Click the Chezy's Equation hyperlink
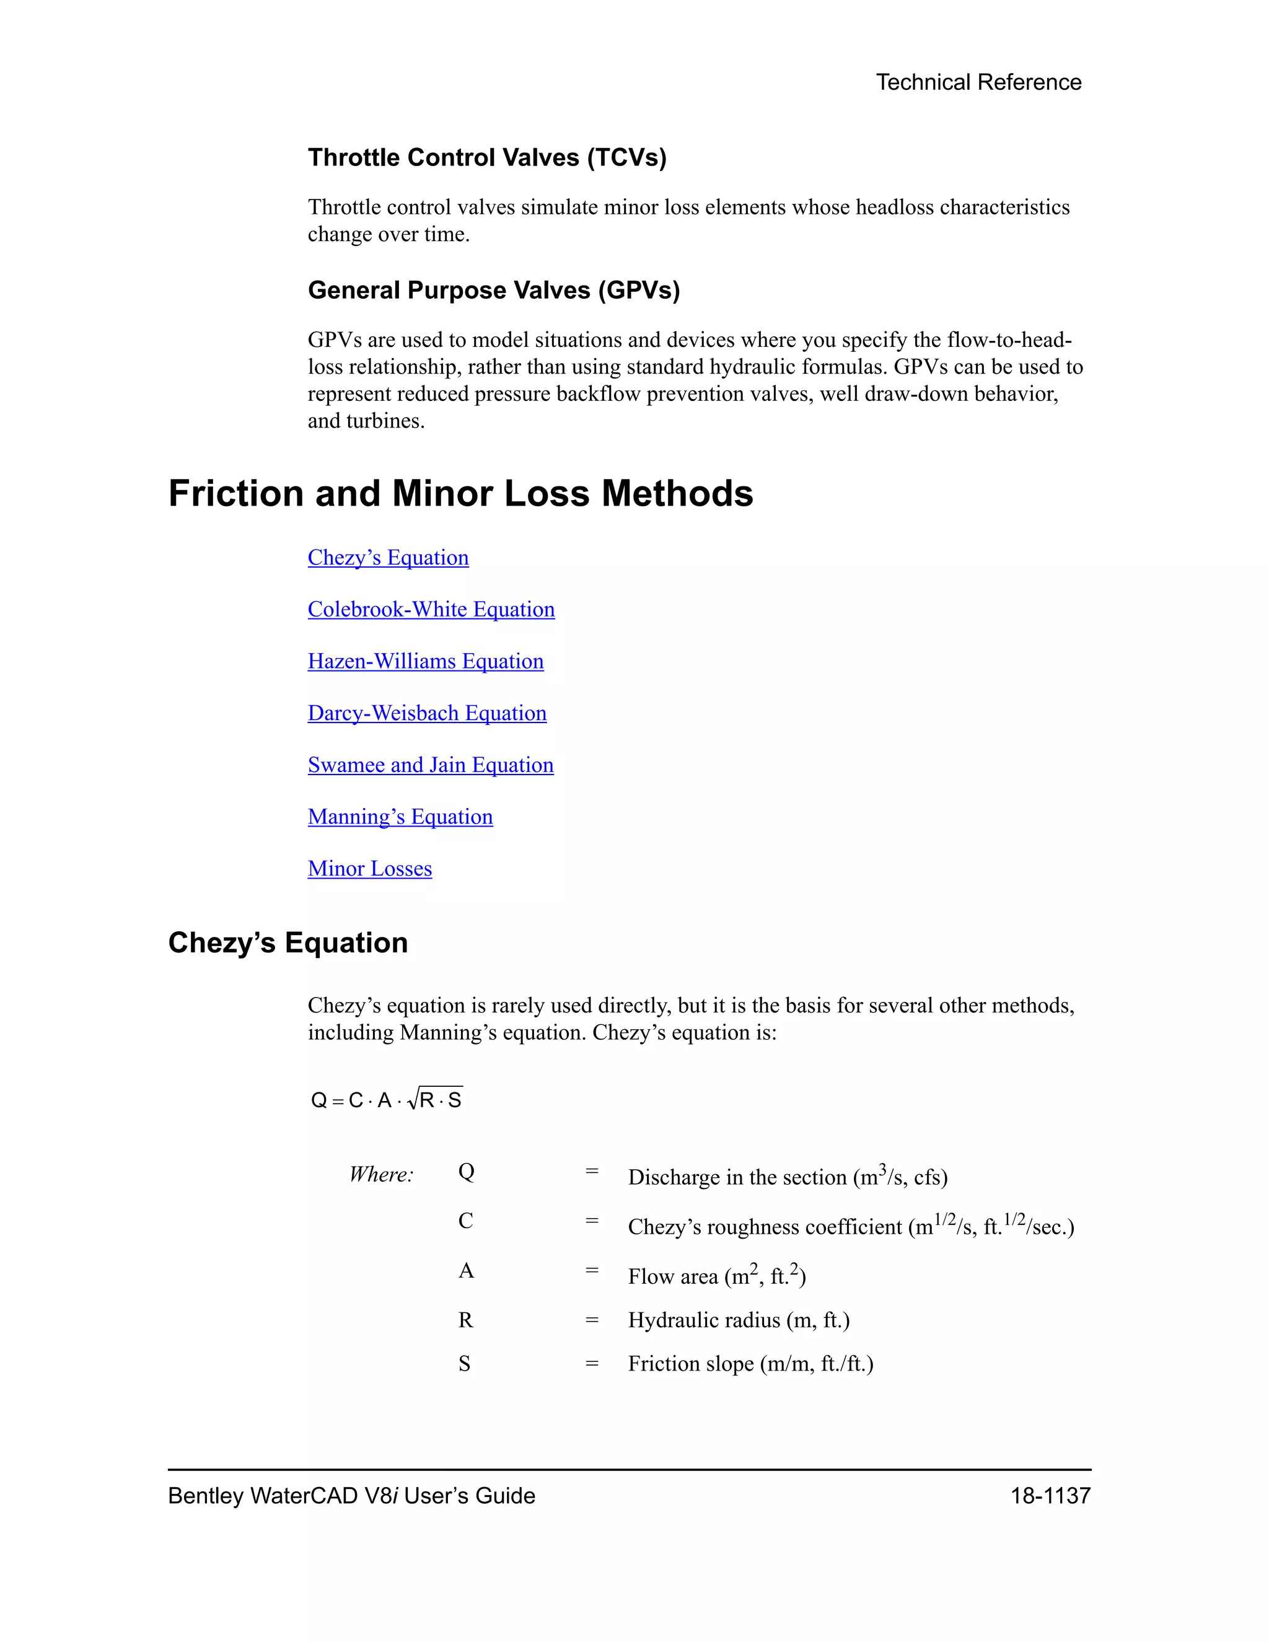[x=388, y=558]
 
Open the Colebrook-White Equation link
[x=431, y=610]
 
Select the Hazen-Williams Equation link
[x=426, y=662]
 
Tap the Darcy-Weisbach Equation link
[x=427, y=713]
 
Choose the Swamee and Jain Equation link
[x=430, y=765]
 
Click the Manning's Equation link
[x=400, y=817]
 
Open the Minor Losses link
[x=369, y=869]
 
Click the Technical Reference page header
[x=978, y=82]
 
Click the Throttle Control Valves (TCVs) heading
[x=487, y=158]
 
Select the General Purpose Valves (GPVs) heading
[x=494, y=290]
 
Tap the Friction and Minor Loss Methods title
[x=460, y=494]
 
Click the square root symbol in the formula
[x=412, y=1100]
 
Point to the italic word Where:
[x=381, y=1174]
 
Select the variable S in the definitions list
[x=465, y=1364]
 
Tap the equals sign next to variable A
[x=592, y=1271]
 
